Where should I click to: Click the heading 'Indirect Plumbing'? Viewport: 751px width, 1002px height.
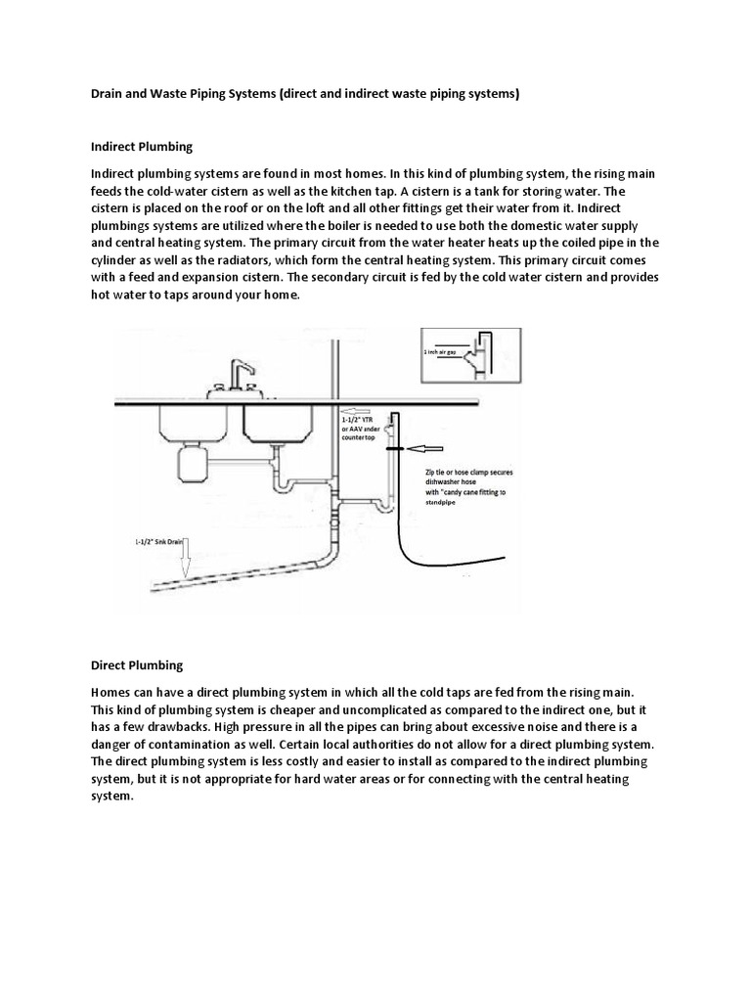(x=142, y=147)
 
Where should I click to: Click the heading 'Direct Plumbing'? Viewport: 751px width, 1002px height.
(x=136, y=665)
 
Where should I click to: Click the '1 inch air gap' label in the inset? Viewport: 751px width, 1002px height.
(x=438, y=351)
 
